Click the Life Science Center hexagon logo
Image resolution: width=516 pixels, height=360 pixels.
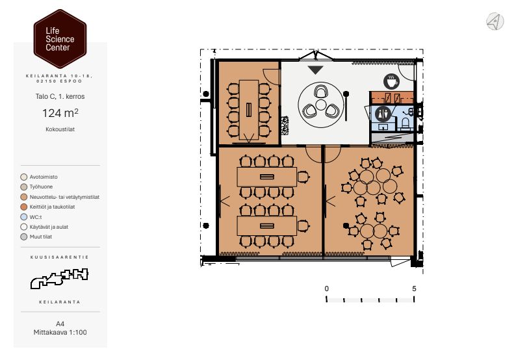60,39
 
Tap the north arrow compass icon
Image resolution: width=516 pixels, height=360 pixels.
495,21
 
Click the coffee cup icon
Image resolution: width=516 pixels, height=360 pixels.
391,81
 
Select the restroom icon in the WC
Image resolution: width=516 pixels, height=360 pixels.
383,114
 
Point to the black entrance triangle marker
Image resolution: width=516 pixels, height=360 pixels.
315,70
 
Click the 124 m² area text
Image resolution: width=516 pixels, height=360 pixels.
60,113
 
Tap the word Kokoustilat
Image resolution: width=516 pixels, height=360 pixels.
60,129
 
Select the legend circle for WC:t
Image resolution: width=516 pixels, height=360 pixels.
23,217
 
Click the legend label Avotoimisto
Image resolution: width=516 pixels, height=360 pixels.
44,177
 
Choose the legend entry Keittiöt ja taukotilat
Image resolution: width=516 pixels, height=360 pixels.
53,207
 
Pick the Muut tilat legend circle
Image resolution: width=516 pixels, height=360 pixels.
23,237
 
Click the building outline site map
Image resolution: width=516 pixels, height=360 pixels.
60,278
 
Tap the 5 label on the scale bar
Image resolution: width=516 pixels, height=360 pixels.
414,289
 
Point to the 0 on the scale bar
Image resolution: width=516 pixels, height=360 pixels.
326,289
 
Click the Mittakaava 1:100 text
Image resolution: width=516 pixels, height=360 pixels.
60,332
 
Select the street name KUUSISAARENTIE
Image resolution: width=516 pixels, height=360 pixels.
60,257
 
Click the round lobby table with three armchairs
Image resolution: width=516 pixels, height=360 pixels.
320,105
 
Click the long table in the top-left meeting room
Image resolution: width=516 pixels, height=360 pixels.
249,110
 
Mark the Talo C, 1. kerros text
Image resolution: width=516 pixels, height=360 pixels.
60,96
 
